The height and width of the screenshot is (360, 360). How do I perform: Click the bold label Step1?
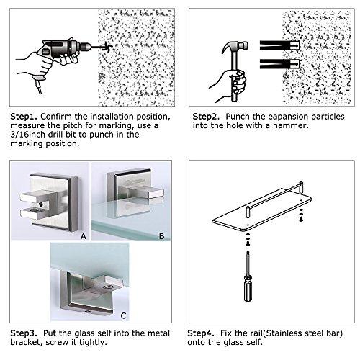point(24,117)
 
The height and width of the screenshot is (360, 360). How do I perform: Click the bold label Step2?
point(206,117)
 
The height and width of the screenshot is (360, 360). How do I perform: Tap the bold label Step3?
point(24,333)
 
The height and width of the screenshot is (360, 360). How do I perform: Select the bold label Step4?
point(200,333)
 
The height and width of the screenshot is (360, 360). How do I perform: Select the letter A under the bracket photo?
point(84,236)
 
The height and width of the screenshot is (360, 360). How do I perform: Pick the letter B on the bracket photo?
point(162,236)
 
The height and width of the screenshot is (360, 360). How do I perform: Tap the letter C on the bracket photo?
point(124,315)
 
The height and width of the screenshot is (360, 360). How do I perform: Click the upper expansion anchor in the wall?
point(280,45)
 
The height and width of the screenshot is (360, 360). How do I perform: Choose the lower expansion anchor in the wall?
point(280,64)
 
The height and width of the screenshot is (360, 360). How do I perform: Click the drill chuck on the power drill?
point(86,47)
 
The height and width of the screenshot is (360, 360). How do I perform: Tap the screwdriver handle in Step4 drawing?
point(248,289)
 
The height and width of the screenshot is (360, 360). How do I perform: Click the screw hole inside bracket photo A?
point(40,204)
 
